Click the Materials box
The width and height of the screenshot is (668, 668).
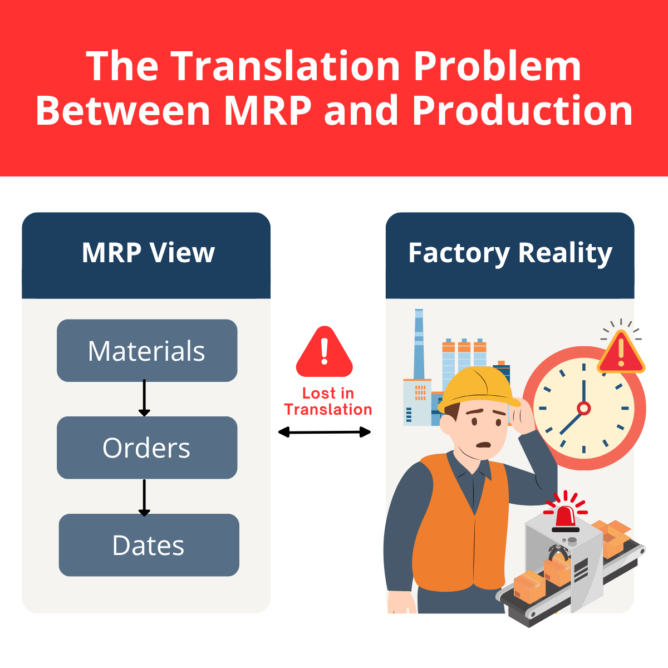click(x=147, y=351)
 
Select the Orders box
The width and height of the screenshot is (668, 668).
click(x=147, y=448)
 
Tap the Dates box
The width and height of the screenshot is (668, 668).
click(x=149, y=545)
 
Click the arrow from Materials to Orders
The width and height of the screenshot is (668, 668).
click(x=144, y=398)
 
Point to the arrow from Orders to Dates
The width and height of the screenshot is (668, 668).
click(x=144, y=497)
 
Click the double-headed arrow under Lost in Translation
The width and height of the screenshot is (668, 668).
click(x=325, y=432)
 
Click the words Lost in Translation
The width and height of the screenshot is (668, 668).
click(x=328, y=401)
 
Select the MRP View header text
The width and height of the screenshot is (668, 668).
click(x=148, y=253)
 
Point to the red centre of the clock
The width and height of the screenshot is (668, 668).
click(x=583, y=409)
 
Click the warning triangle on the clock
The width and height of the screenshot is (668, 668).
click(x=621, y=352)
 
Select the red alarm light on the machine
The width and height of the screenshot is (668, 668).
click(x=565, y=516)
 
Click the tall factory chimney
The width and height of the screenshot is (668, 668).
click(x=419, y=345)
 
